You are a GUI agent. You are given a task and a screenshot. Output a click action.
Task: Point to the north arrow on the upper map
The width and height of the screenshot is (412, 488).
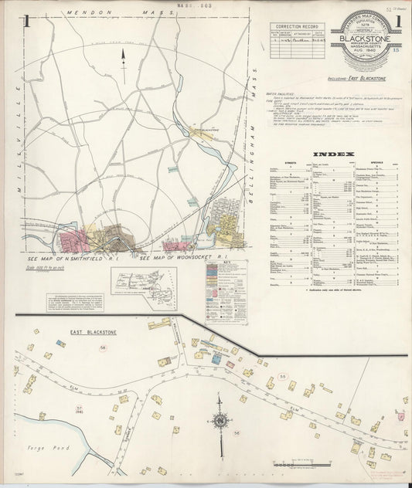(123, 57)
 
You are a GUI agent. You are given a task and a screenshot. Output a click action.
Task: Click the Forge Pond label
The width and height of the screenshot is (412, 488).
(54, 447)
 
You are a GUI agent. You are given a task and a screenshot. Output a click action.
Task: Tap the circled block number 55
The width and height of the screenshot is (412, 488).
(283, 376)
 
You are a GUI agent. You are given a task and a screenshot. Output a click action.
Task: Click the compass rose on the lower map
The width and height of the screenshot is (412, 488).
(220, 422)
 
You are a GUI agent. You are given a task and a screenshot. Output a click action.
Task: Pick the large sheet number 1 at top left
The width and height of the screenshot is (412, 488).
(27, 22)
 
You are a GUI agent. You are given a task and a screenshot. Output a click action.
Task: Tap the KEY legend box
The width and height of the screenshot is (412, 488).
(227, 289)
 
